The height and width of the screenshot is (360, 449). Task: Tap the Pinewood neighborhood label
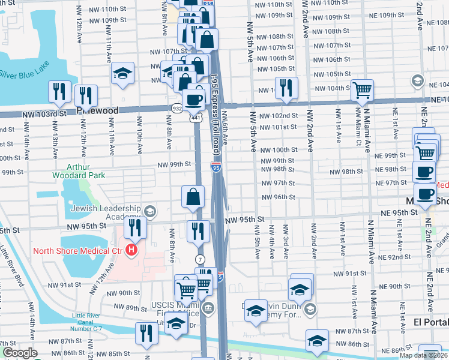tap(97, 111)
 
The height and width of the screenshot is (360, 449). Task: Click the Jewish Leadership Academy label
tap(106, 213)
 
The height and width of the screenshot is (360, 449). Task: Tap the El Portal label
tap(430, 322)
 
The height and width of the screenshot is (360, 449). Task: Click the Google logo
tap(20, 353)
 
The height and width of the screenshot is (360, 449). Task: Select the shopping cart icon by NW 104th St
tap(363, 91)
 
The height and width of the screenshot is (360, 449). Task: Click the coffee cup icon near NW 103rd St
tap(193, 100)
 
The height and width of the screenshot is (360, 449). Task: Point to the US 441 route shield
tap(196, 118)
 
